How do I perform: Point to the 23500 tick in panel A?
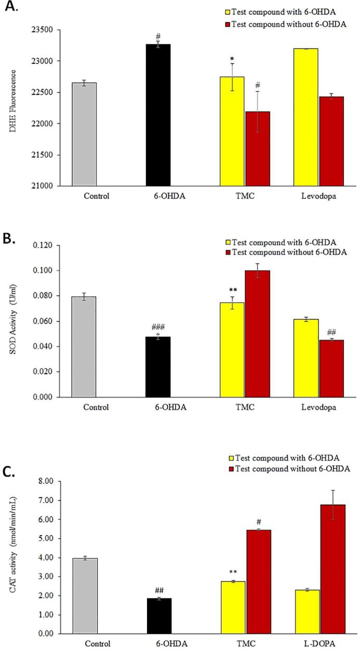[47, 30]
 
